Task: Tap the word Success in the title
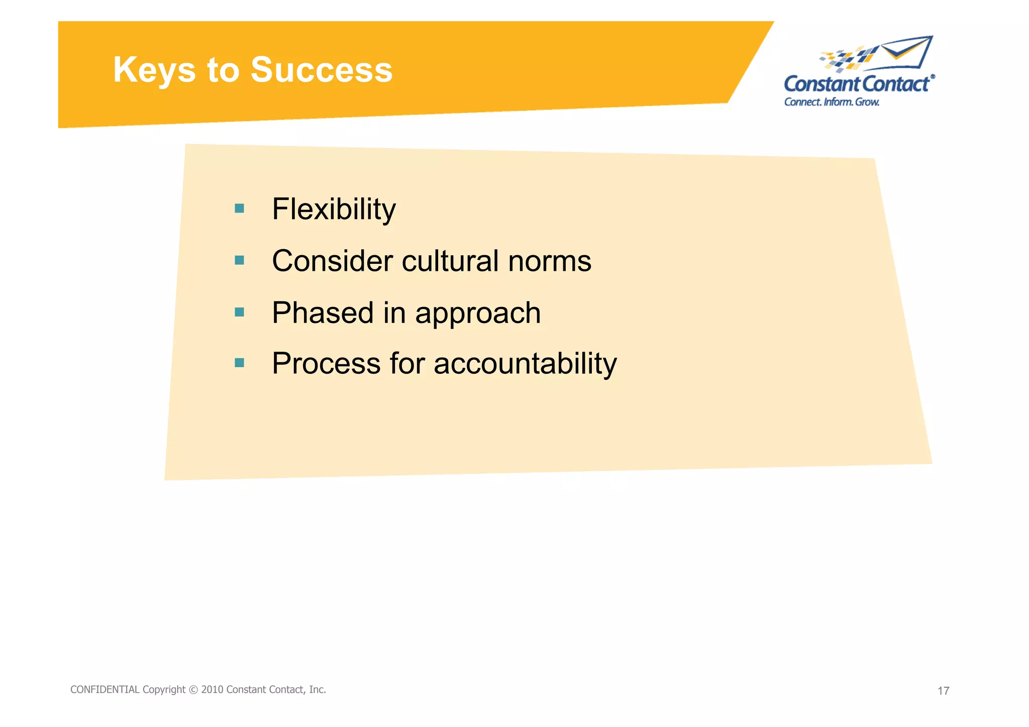point(322,70)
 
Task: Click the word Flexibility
point(334,210)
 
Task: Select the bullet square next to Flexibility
point(240,208)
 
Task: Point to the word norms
point(550,262)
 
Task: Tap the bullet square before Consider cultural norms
point(240,260)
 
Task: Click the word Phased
point(323,313)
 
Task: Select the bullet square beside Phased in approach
point(240,313)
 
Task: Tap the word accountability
point(525,364)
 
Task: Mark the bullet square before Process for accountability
point(240,363)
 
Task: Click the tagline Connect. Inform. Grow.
point(832,102)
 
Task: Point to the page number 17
point(943,691)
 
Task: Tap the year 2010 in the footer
point(212,690)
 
